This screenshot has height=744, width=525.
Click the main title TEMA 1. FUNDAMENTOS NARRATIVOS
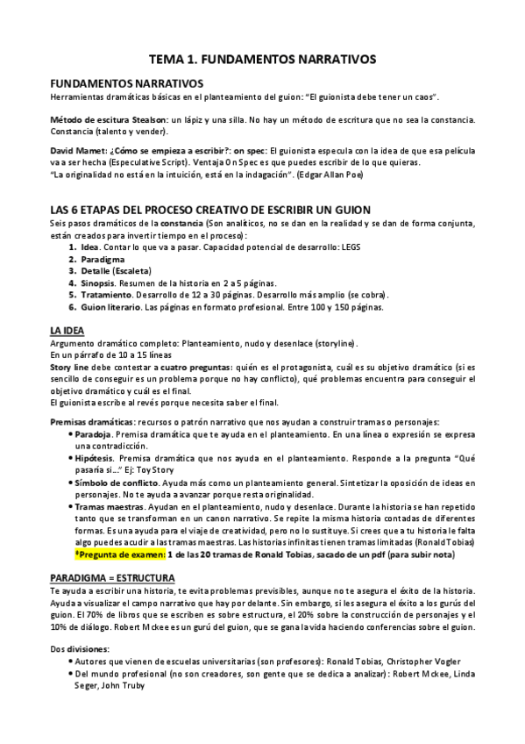pos(262,58)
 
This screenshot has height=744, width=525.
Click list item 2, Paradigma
pos(103,260)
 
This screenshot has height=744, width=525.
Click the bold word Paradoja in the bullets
pos(95,434)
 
